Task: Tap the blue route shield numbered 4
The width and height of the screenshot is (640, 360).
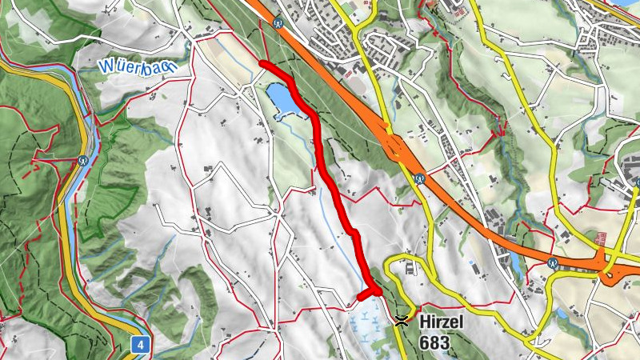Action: pos(140,345)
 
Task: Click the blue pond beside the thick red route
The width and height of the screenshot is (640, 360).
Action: pos(284,100)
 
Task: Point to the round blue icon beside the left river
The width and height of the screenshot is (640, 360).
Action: pos(83,159)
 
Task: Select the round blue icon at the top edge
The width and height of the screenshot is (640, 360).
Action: pos(278,23)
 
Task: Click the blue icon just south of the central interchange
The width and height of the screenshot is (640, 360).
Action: pos(418,178)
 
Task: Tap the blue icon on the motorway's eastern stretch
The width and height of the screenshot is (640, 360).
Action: pos(552,262)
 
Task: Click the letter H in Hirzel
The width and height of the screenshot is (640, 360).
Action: pos(423,322)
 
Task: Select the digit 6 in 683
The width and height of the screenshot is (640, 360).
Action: pos(422,342)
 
